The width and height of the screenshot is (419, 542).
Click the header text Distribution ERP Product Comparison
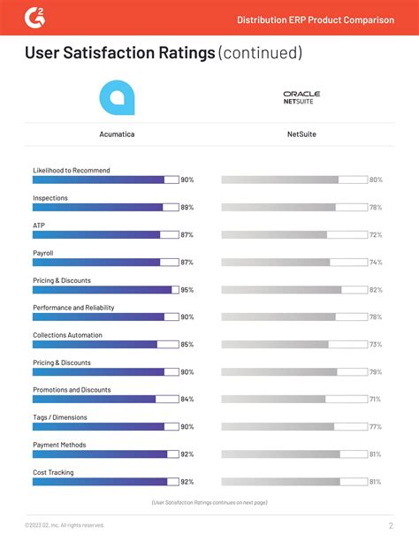[x=316, y=19]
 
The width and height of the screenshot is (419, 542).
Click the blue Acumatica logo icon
[x=117, y=97]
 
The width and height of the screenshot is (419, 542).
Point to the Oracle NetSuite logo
[x=301, y=97]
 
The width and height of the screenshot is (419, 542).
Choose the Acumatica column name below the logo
[x=117, y=134]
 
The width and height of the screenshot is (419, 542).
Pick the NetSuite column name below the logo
[x=301, y=134]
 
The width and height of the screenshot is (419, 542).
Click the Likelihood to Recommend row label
[x=72, y=170]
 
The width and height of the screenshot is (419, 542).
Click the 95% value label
[x=187, y=290]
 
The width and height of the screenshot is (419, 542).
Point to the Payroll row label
[x=43, y=253]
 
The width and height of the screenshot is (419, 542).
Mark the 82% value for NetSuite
[x=376, y=290]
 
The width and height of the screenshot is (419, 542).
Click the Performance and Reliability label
[x=73, y=308]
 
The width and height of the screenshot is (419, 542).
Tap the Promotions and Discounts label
[x=72, y=390]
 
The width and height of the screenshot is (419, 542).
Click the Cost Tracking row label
[x=53, y=472]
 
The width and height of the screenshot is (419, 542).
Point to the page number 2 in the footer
[x=390, y=526]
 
